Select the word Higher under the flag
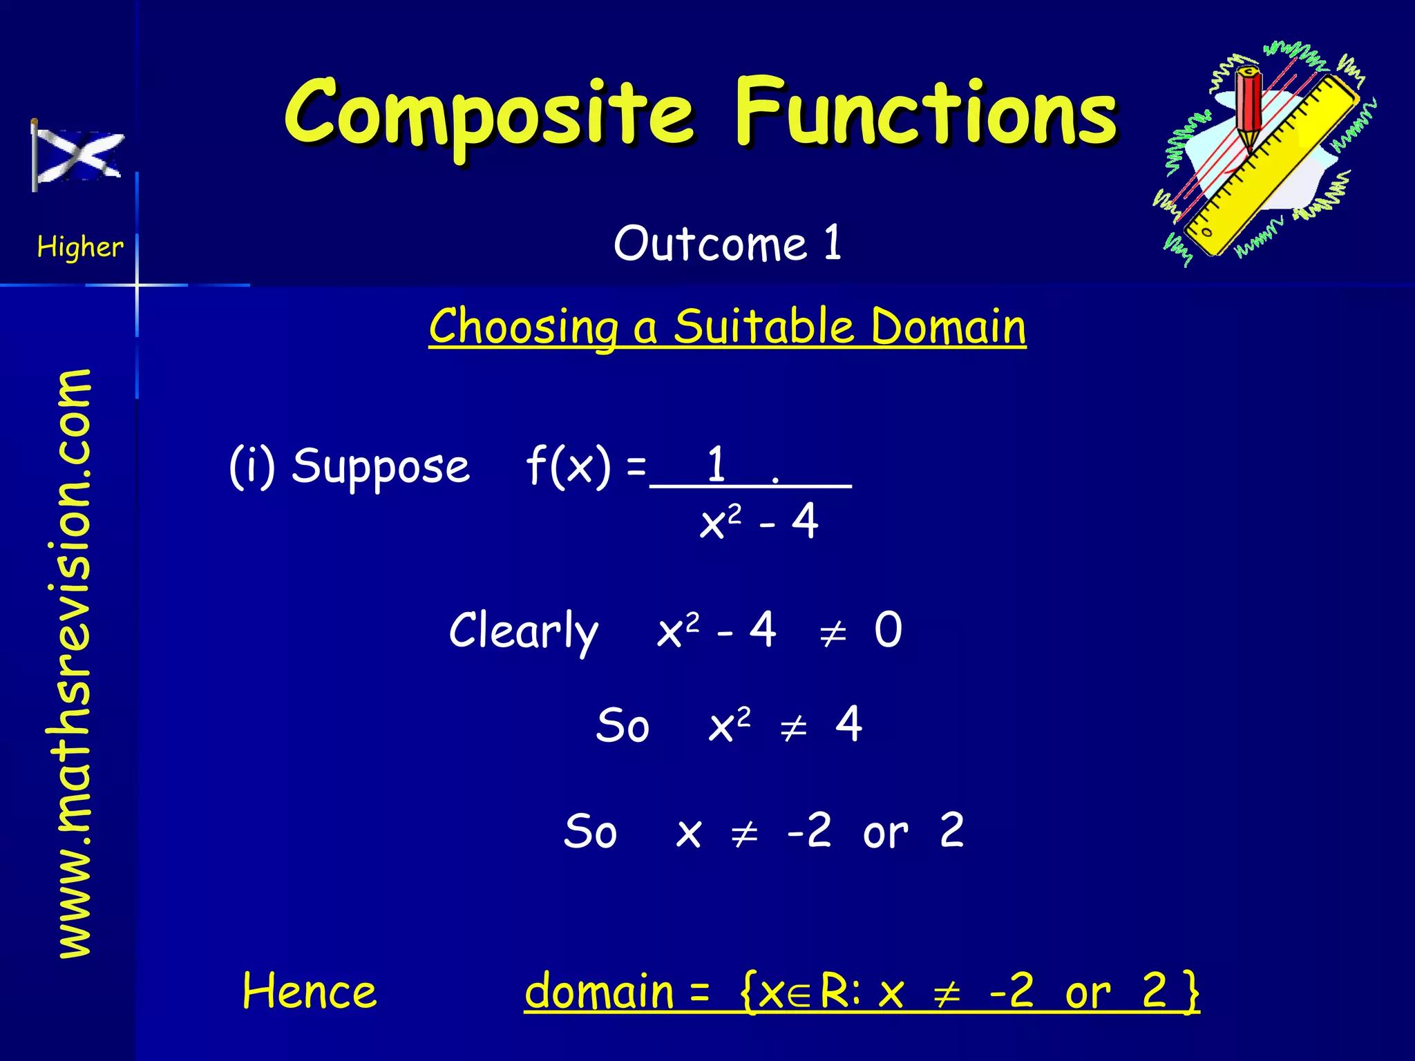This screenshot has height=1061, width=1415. (x=79, y=247)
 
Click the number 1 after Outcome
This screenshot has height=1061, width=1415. (x=833, y=243)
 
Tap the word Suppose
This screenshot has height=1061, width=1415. (x=381, y=467)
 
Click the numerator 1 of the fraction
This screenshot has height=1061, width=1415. (x=716, y=464)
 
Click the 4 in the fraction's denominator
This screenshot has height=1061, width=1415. (x=805, y=522)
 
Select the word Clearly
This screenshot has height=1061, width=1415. (x=523, y=631)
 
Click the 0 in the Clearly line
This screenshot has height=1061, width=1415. (x=888, y=629)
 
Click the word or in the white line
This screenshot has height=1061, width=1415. (x=885, y=832)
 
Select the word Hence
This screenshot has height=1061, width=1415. (x=310, y=991)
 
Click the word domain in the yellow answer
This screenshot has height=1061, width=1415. (x=599, y=991)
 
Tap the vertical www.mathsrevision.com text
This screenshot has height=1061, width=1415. (x=75, y=663)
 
